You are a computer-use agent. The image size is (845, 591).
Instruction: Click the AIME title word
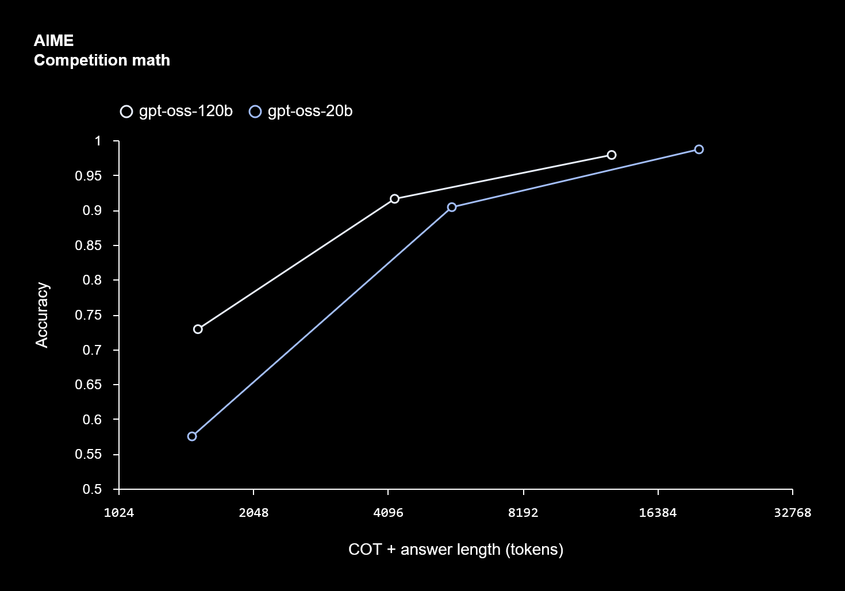[53, 41]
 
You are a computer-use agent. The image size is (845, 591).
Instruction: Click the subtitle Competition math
[102, 60]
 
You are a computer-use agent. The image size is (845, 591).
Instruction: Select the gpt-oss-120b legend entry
[177, 111]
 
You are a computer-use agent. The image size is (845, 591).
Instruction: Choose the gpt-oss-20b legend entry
[301, 111]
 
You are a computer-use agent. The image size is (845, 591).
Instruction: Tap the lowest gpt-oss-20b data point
[192, 436]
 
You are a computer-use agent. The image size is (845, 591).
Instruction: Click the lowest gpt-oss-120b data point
[198, 329]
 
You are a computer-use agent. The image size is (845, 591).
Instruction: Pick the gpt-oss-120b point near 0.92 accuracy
[394, 199]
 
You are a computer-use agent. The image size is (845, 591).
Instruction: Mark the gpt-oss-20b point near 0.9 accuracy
[452, 207]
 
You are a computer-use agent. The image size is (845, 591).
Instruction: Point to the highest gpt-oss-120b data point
[612, 155]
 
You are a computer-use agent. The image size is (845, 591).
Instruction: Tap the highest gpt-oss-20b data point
[699, 149]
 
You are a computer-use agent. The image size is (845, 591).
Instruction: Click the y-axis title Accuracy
[42, 314]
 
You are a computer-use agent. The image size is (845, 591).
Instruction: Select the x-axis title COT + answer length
[455, 550]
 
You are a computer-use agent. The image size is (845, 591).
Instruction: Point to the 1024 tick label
[119, 513]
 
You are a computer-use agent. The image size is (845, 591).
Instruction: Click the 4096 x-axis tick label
[389, 513]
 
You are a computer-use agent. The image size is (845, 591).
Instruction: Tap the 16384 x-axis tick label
[658, 513]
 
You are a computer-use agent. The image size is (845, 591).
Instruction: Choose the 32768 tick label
[792, 513]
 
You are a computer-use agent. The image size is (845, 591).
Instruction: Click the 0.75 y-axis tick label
[88, 315]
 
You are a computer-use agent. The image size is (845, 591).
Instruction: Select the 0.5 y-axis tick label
[92, 489]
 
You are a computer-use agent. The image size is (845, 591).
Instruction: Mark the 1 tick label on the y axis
[98, 141]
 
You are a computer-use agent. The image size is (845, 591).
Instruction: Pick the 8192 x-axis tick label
[523, 513]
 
